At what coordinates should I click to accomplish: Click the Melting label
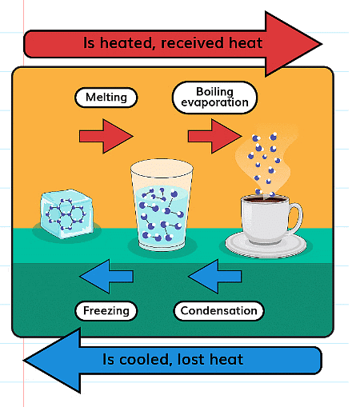coord(106,98)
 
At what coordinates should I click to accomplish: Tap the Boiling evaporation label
coord(214,98)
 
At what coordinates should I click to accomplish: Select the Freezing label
coord(106,311)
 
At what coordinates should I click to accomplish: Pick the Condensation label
coord(218,311)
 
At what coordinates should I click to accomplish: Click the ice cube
coord(66,213)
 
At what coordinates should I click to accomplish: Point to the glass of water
coord(162,205)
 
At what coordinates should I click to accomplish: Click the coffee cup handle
coord(296,219)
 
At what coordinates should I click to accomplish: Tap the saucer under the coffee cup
coord(266,246)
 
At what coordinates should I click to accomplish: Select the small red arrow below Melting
coord(106,136)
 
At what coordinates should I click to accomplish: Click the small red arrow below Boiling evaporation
coord(215,136)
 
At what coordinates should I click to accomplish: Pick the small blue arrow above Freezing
coord(106,277)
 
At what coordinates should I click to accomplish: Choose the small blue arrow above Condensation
coord(215,277)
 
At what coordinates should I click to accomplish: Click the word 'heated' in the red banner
coord(127,43)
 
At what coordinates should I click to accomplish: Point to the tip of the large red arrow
coord(322,44)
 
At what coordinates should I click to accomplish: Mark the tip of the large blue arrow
coord(24,361)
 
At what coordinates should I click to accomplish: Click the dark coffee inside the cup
coord(265,199)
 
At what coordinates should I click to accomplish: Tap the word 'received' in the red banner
coord(192,43)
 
